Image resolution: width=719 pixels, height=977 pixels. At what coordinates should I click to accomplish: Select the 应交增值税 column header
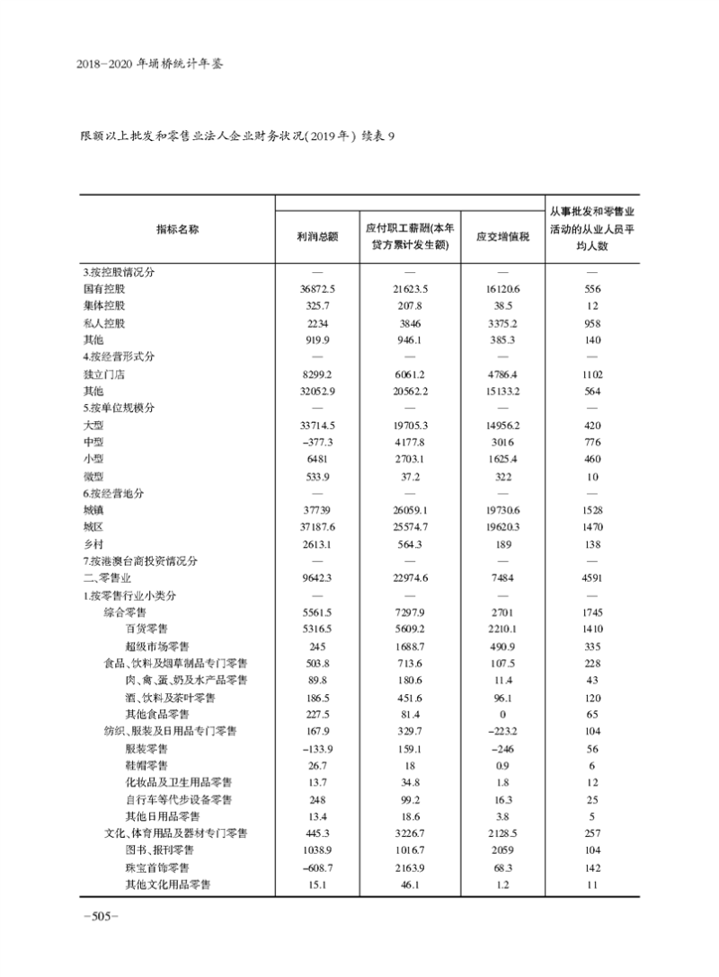502,237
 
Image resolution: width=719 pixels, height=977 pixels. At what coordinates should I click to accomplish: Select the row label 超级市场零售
157,647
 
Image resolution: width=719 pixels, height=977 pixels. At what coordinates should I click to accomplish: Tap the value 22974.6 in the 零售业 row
410,578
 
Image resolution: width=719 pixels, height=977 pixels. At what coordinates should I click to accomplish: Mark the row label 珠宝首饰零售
157,867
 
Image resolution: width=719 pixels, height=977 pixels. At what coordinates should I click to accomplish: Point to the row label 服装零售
146,748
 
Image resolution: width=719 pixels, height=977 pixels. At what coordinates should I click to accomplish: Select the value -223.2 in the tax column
502,731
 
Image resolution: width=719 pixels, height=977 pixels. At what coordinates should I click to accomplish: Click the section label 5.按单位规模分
119,409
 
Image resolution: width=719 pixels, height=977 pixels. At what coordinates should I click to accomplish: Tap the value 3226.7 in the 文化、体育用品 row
410,833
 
